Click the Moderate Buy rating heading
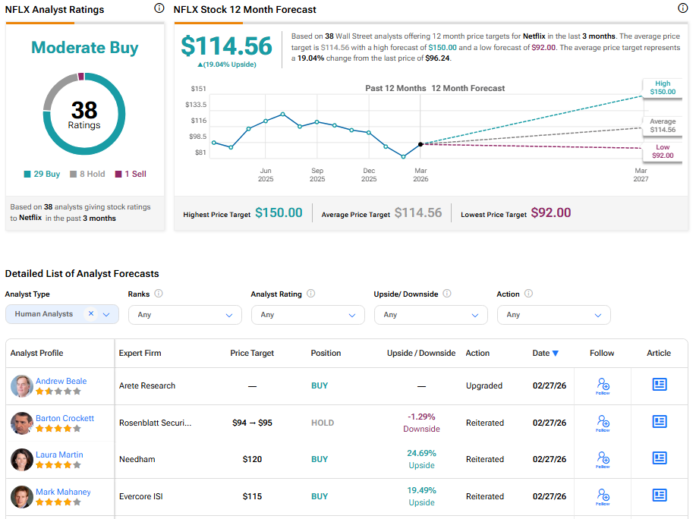pos(84,48)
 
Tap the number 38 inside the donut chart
pos(84,111)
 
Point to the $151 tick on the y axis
pos(199,89)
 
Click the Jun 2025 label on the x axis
pos(266,175)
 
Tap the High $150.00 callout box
pos(661,87)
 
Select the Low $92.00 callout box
pos(663,151)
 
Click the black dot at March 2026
pos(420,143)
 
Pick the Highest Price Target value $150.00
pos(279,213)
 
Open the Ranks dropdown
pos(184,314)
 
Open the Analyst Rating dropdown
pos(307,314)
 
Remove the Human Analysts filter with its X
pos(91,313)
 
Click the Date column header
pos(545,353)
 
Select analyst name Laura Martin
pos(59,455)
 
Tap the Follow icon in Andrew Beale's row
pos(603,385)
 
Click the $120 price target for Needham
pos(252,459)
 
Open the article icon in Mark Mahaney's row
pos(659,496)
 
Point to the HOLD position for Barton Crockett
pos(322,423)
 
